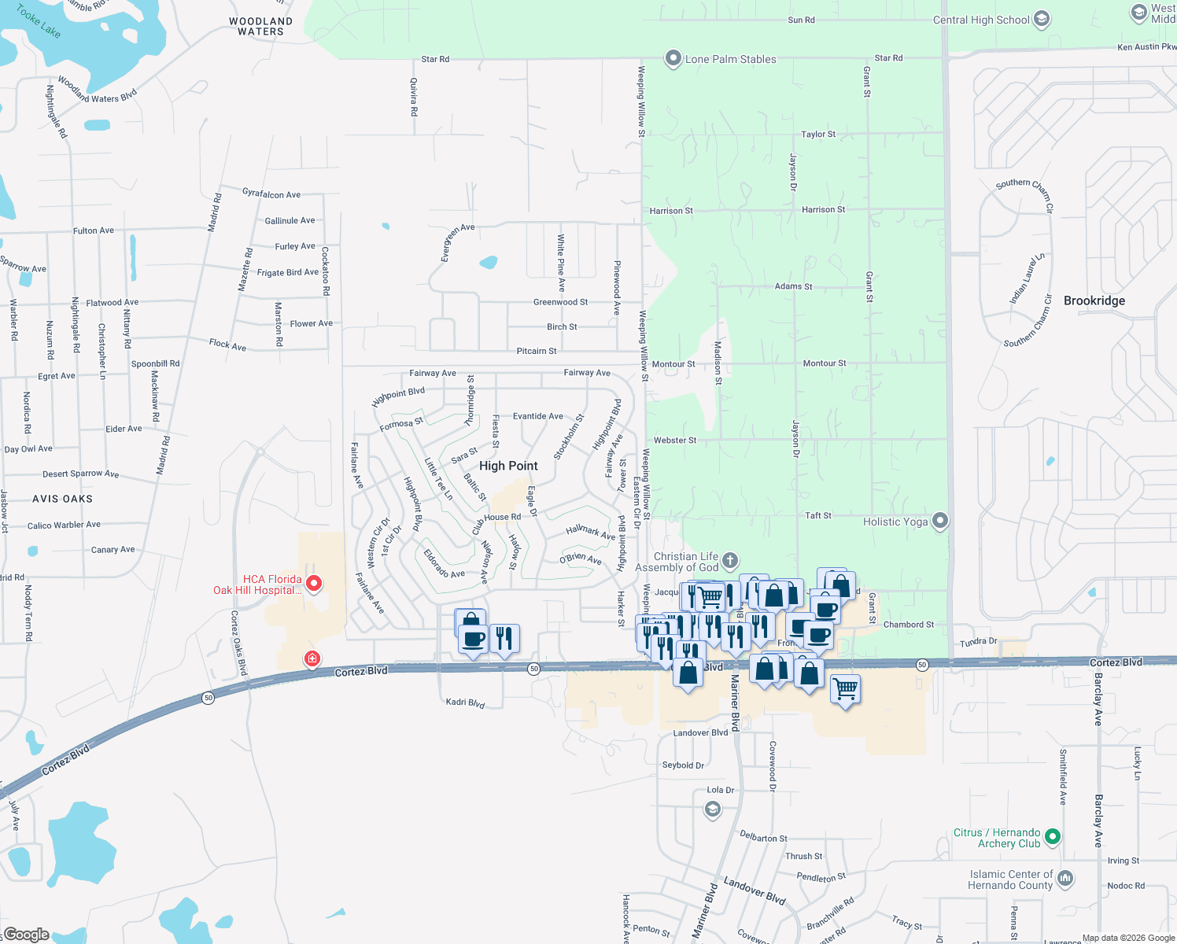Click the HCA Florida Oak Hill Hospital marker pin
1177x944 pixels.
[x=314, y=583]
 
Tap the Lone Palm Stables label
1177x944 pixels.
[x=730, y=59]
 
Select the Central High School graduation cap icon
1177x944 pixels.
[x=1042, y=19]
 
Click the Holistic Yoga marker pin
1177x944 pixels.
[x=939, y=521]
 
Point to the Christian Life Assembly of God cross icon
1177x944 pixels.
[x=730, y=560]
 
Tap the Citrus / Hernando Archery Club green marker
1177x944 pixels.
[x=1053, y=836]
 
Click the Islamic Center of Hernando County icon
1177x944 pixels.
[x=1065, y=878]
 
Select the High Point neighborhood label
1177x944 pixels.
[x=508, y=466]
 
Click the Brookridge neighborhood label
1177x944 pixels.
[x=1094, y=301]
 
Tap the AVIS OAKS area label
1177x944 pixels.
[x=62, y=499]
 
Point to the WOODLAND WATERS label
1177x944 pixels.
[x=260, y=27]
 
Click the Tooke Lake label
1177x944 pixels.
[x=39, y=21]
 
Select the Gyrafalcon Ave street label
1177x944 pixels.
[x=271, y=194]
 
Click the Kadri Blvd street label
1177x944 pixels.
[x=465, y=702]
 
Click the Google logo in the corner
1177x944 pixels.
[x=26, y=935]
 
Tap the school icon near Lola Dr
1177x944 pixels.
[x=713, y=809]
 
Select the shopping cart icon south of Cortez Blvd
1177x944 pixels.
[x=845, y=689]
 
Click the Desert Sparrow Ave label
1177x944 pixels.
[x=80, y=474]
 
